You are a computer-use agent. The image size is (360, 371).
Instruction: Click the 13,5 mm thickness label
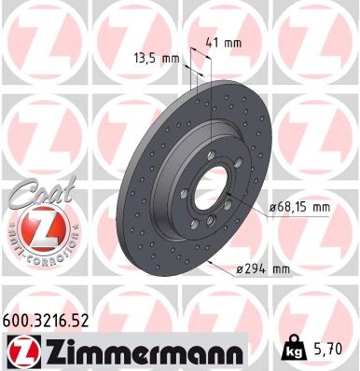pos(157,58)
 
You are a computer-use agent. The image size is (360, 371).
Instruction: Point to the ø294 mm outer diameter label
pos(262,269)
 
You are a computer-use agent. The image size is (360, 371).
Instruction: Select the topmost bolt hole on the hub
pos(213,157)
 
